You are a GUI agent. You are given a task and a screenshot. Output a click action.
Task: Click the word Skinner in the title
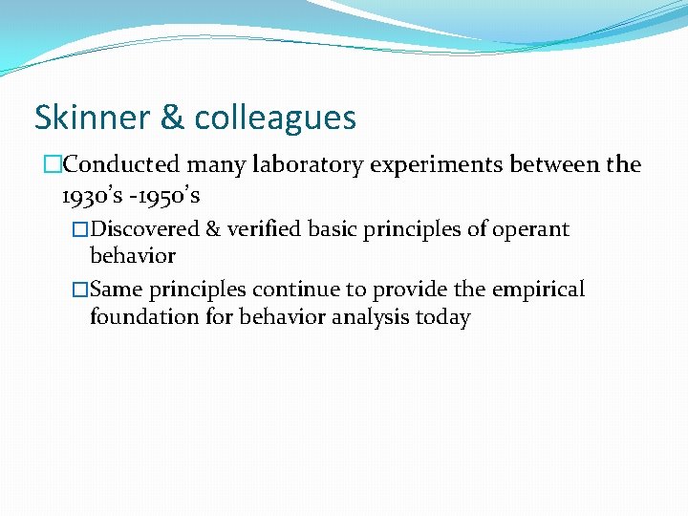coord(90,118)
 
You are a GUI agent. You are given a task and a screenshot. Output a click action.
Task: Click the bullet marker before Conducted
coord(51,165)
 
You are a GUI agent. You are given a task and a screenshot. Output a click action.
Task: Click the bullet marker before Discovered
coord(81,229)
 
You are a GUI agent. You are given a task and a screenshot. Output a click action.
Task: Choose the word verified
coord(259,229)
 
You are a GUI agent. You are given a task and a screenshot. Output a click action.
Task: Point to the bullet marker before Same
coord(81,290)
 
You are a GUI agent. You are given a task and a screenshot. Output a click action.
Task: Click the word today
coord(442,317)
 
